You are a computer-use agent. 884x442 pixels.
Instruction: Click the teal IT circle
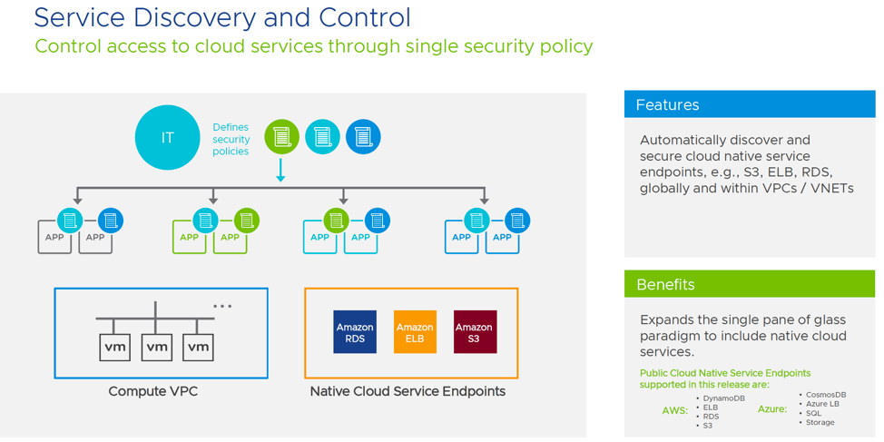(167, 138)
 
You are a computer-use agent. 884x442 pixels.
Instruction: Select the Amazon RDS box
(355, 332)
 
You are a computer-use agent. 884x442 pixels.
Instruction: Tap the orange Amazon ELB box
(415, 332)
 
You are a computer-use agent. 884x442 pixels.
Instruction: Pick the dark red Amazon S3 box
(475, 332)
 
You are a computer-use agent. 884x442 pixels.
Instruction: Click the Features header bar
(749, 104)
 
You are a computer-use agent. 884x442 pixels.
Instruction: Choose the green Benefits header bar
(749, 284)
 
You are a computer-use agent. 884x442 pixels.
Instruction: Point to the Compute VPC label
(152, 391)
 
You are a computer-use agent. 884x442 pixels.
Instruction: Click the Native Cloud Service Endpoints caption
(408, 391)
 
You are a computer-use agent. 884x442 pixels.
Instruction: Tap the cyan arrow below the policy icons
(280, 171)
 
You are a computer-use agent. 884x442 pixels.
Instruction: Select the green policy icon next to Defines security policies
(281, 137)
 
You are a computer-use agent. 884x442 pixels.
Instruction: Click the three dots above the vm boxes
(222, 307)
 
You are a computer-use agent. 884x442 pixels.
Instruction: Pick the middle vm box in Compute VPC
(157, 347)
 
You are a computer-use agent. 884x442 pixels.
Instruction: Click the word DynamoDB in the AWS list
(724, 398)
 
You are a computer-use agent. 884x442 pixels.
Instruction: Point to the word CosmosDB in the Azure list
(826, 395)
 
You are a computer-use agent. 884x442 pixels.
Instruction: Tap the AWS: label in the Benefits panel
(674, 410)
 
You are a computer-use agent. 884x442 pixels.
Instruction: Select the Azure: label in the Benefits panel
(771, 409)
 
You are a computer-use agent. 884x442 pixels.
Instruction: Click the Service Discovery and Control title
(221, 17)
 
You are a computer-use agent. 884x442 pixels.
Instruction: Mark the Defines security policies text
(231, 140)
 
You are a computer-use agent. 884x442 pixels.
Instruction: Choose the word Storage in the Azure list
(820, 422)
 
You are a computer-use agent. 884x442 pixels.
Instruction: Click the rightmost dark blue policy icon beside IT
(363, 137)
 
